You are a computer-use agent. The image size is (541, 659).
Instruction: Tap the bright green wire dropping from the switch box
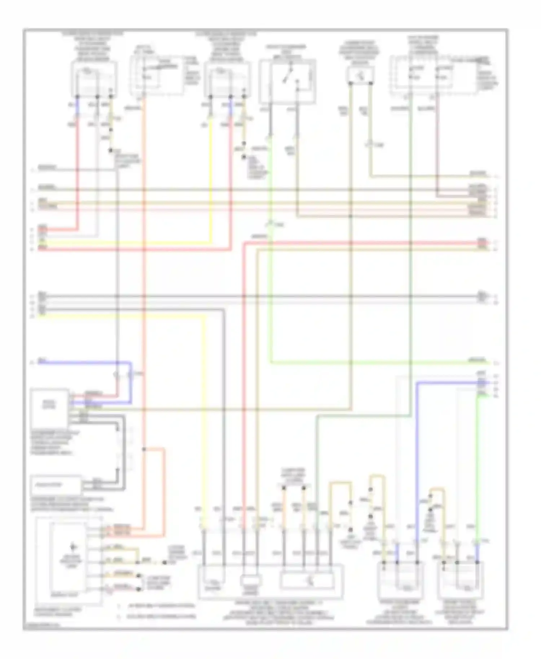click(270, 288)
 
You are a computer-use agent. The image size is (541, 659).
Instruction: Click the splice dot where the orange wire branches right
click(144, 449)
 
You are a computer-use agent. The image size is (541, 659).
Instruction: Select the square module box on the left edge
click(49, 407)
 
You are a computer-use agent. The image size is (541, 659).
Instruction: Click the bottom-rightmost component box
click(461, 580)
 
